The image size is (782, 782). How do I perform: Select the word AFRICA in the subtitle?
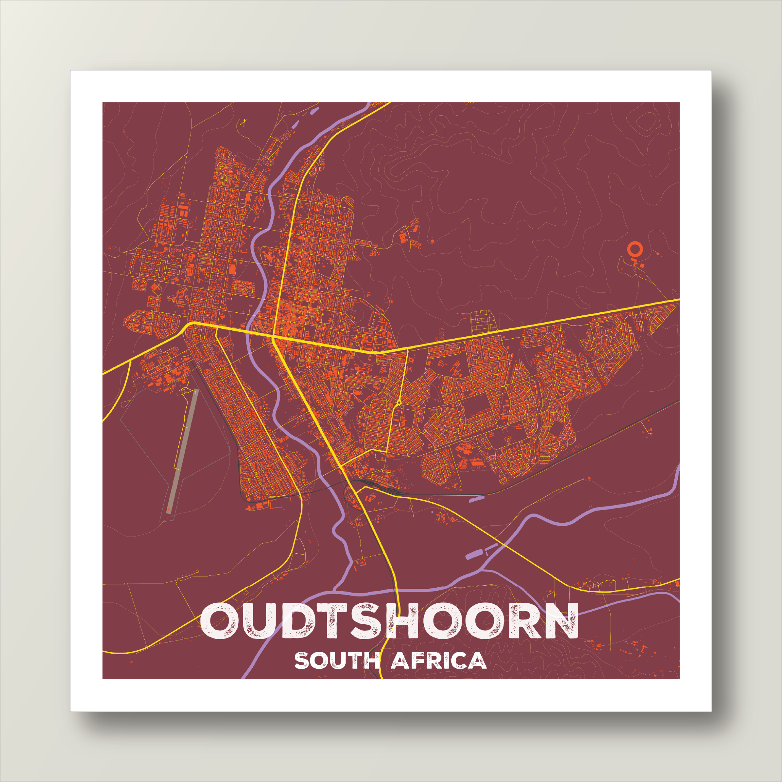(x=439, y=661)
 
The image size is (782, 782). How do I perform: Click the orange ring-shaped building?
(x=634, y=249)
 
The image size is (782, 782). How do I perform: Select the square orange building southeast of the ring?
(x=642, y=265)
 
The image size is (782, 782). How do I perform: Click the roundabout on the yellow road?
(x=399, y=402)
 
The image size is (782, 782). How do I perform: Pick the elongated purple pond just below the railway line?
(x=477, y=499)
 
